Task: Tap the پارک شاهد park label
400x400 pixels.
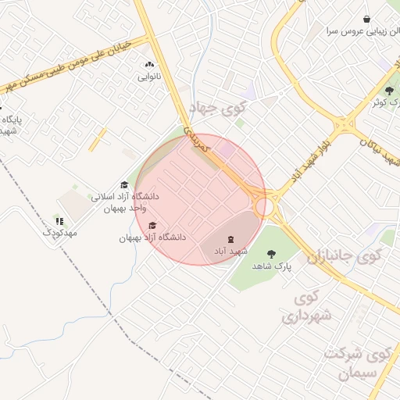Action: click(x=271, y=266)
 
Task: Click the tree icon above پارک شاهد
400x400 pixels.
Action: click(x=271, y=254)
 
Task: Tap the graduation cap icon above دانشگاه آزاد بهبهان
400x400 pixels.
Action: click(x=152, y=226)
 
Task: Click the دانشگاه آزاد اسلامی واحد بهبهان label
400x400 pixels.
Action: click(x=125, y=202)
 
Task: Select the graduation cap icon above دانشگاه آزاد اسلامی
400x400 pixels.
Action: click(x=124, y=185)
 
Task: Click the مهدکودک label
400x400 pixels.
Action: click(x=59, y=233)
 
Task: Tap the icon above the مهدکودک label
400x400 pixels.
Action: click(x=59, y=221)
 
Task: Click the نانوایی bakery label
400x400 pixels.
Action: click(x=148, y=77)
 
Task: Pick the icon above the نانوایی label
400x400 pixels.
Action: click(x=148, y=65)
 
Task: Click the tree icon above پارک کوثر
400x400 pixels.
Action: click(x=389, y=91)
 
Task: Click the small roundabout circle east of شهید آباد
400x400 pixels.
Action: click(x=266, y=205)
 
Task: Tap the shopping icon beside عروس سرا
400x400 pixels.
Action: click(x=366, y=19)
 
